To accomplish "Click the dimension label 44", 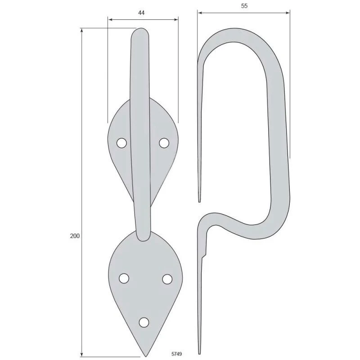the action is (141, 13).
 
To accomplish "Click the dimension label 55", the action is (244, 6).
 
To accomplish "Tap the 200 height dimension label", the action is (75, 236).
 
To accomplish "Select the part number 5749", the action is (176, 354).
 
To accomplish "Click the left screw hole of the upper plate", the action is (121, 143).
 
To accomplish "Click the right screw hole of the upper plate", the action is (164, 143).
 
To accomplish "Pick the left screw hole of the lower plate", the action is (124, 279).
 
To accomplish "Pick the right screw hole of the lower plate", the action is (167, 279).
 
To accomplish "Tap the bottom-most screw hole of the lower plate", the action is (144, 322).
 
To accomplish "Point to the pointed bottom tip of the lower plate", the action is (145, 356).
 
